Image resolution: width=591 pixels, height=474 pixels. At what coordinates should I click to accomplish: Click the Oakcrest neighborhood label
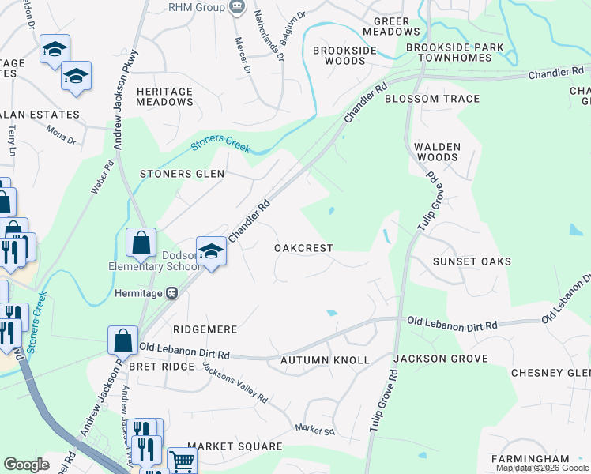point(303,248)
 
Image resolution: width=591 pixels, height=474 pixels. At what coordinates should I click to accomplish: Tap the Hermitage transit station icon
point(171,292)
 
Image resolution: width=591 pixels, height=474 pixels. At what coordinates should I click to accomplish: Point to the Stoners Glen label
point(182,174)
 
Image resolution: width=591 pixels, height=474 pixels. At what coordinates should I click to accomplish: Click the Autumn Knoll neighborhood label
point(325,360)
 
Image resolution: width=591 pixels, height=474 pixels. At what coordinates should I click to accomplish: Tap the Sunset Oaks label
point(472,261)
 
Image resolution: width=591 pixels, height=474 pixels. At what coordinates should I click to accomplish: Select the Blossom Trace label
point(432,99)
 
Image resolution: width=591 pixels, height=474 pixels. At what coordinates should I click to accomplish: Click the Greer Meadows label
point(391,26)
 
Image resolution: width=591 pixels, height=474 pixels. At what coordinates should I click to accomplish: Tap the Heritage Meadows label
point(164,96)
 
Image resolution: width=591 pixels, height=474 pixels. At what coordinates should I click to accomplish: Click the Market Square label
point(235,446)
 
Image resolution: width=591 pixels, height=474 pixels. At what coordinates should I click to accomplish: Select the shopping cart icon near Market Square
point(182,460)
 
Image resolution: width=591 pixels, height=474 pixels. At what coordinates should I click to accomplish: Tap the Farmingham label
point(529,459)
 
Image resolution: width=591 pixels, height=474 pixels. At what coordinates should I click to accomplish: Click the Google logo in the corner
point(26,465)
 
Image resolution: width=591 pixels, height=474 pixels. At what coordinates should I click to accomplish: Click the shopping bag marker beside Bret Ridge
point(122,341)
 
